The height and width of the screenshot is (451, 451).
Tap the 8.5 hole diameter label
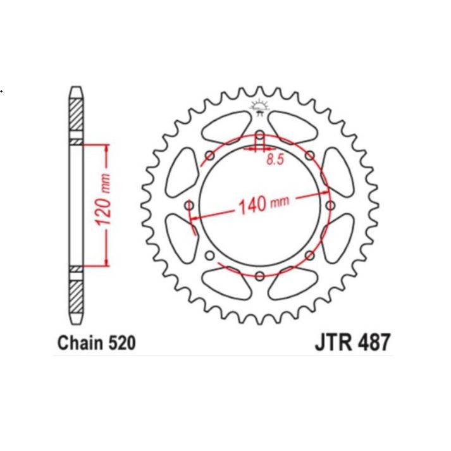coord(274,161)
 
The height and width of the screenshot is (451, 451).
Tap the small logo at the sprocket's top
coord(259,107)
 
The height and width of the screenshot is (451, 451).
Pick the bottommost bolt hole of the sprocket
coord(259,275)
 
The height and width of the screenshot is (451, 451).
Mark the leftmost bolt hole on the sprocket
coord(189,205)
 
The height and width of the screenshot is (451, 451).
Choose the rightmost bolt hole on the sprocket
coord(330,205)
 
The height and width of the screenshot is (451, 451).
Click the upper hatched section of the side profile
coord(75,114)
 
